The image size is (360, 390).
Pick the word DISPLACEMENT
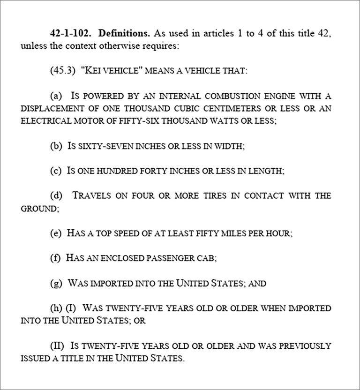click(x=50, y=108)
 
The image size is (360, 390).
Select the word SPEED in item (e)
click(x=129, y=233)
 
